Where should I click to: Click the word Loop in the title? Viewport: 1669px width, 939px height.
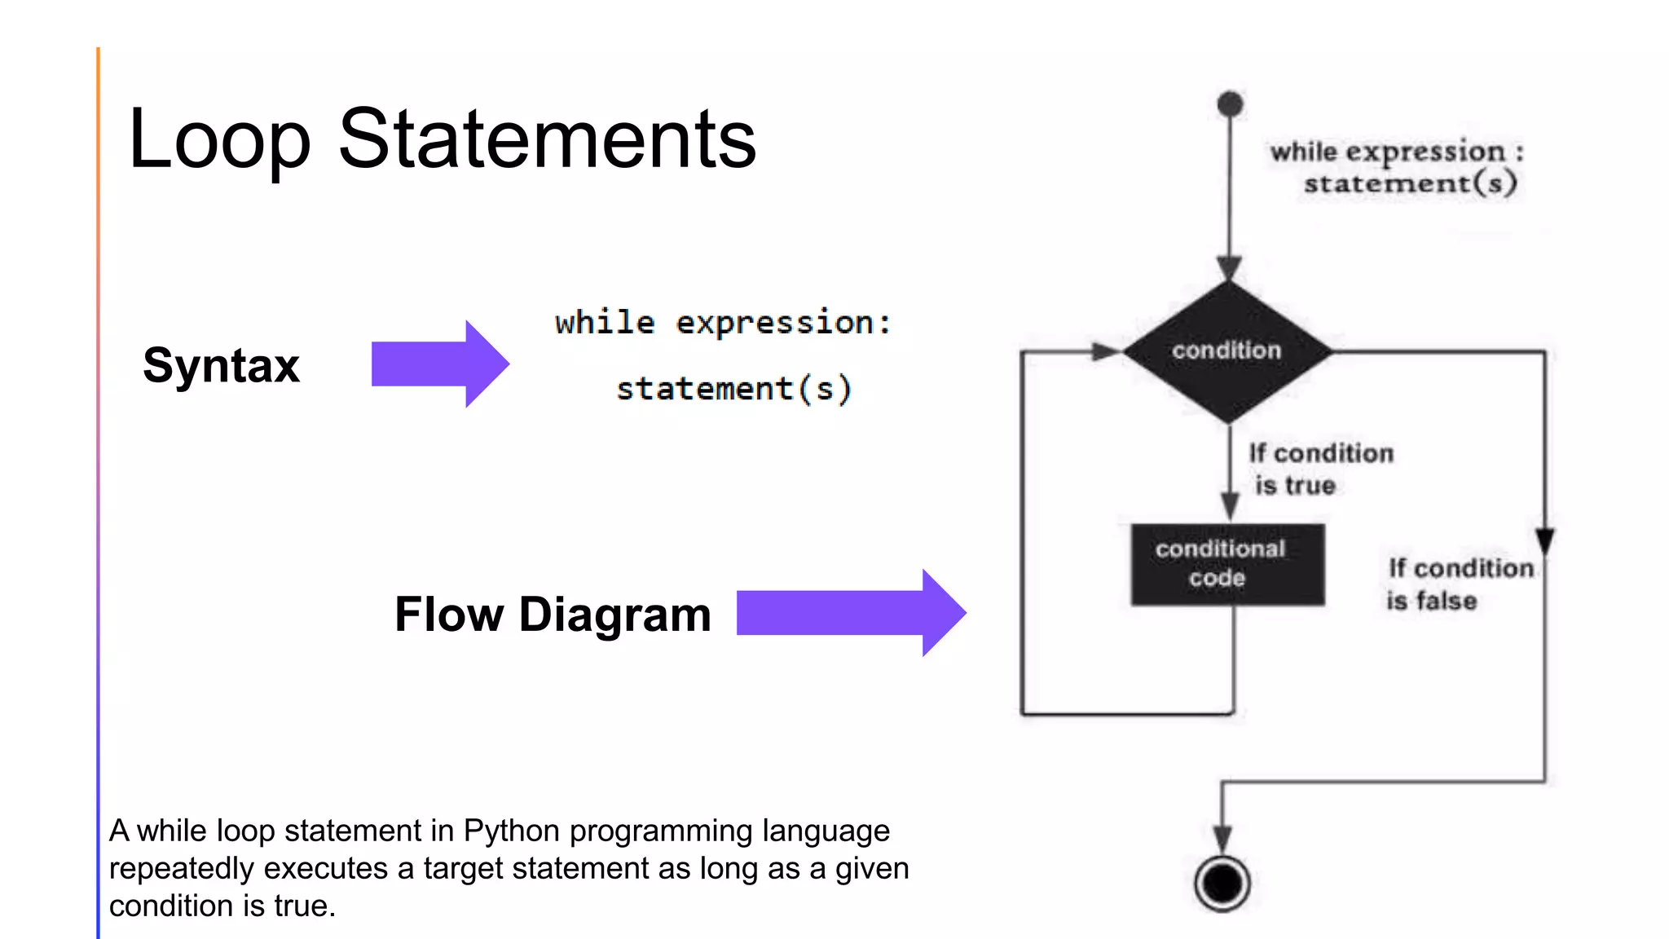219,140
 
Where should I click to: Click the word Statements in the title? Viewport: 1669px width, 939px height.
547,140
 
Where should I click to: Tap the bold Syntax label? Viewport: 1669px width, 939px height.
221,364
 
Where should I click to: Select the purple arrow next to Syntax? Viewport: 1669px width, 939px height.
440,364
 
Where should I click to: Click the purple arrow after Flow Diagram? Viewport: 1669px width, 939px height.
851,613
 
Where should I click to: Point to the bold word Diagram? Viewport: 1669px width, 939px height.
614,614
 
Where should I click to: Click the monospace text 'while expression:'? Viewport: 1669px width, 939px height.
723,323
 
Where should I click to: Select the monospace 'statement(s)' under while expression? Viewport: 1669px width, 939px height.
733,388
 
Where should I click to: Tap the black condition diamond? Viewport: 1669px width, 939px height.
1226,351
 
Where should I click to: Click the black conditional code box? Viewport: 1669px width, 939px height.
1226,564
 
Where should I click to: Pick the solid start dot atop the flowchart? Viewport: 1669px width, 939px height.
1230,104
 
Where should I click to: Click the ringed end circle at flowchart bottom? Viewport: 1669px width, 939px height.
1222,883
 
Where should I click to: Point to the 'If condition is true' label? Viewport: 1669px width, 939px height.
1319,469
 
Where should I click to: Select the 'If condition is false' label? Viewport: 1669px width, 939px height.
1459,584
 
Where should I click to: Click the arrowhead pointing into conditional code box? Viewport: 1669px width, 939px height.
1231,505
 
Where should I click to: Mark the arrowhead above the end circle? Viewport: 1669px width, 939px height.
1222,838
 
